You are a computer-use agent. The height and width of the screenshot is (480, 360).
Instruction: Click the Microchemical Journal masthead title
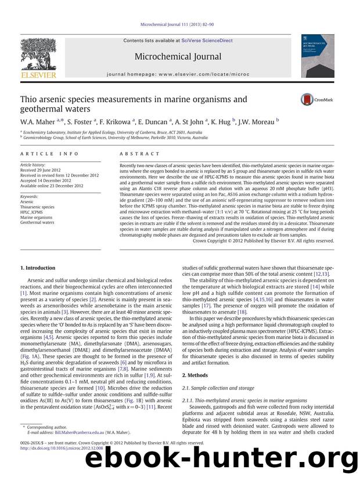178,56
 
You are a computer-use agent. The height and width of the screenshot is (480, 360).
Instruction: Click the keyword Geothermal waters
37,222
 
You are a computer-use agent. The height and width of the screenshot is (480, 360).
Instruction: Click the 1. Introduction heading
38,268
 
